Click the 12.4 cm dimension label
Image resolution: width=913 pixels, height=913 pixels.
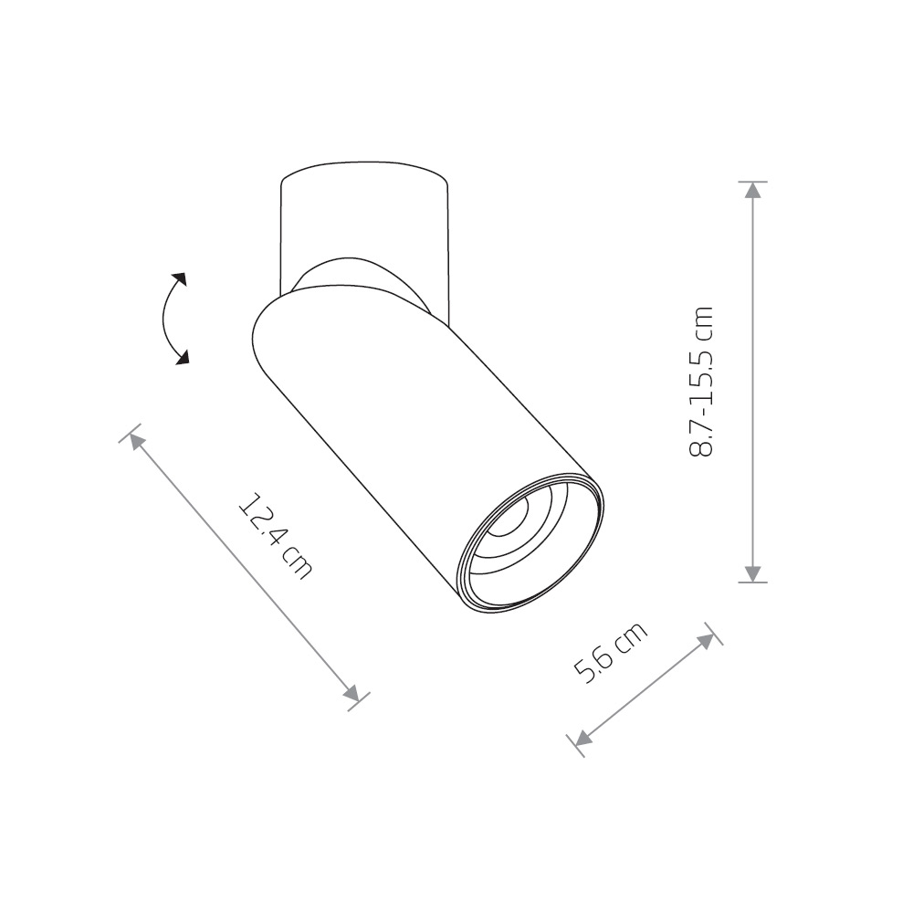276,536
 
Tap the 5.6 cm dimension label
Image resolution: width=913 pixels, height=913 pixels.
610,653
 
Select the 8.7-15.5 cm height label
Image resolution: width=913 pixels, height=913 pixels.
701,381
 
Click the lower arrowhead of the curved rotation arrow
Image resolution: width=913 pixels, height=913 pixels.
183,357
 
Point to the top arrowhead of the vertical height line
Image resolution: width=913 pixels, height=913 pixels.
753,190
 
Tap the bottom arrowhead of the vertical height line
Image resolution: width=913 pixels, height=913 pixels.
753,573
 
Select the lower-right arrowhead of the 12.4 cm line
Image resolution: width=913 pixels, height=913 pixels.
352,694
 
